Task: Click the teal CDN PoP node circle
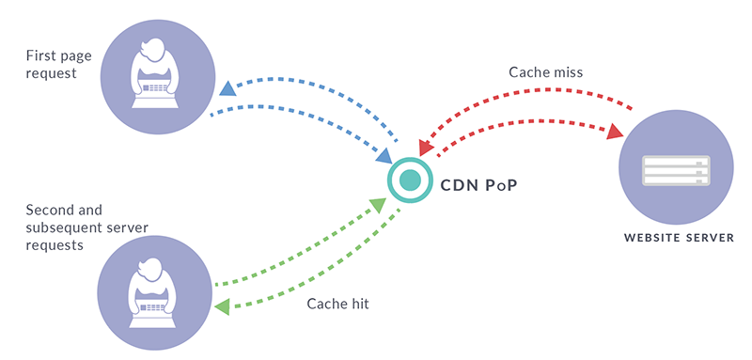(x=407, y=179)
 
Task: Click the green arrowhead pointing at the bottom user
(x=222, y=306)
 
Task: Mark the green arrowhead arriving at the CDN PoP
(x=377, y=204)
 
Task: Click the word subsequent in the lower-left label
(x=59, y=227)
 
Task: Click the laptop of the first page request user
(x=152, y=86)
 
